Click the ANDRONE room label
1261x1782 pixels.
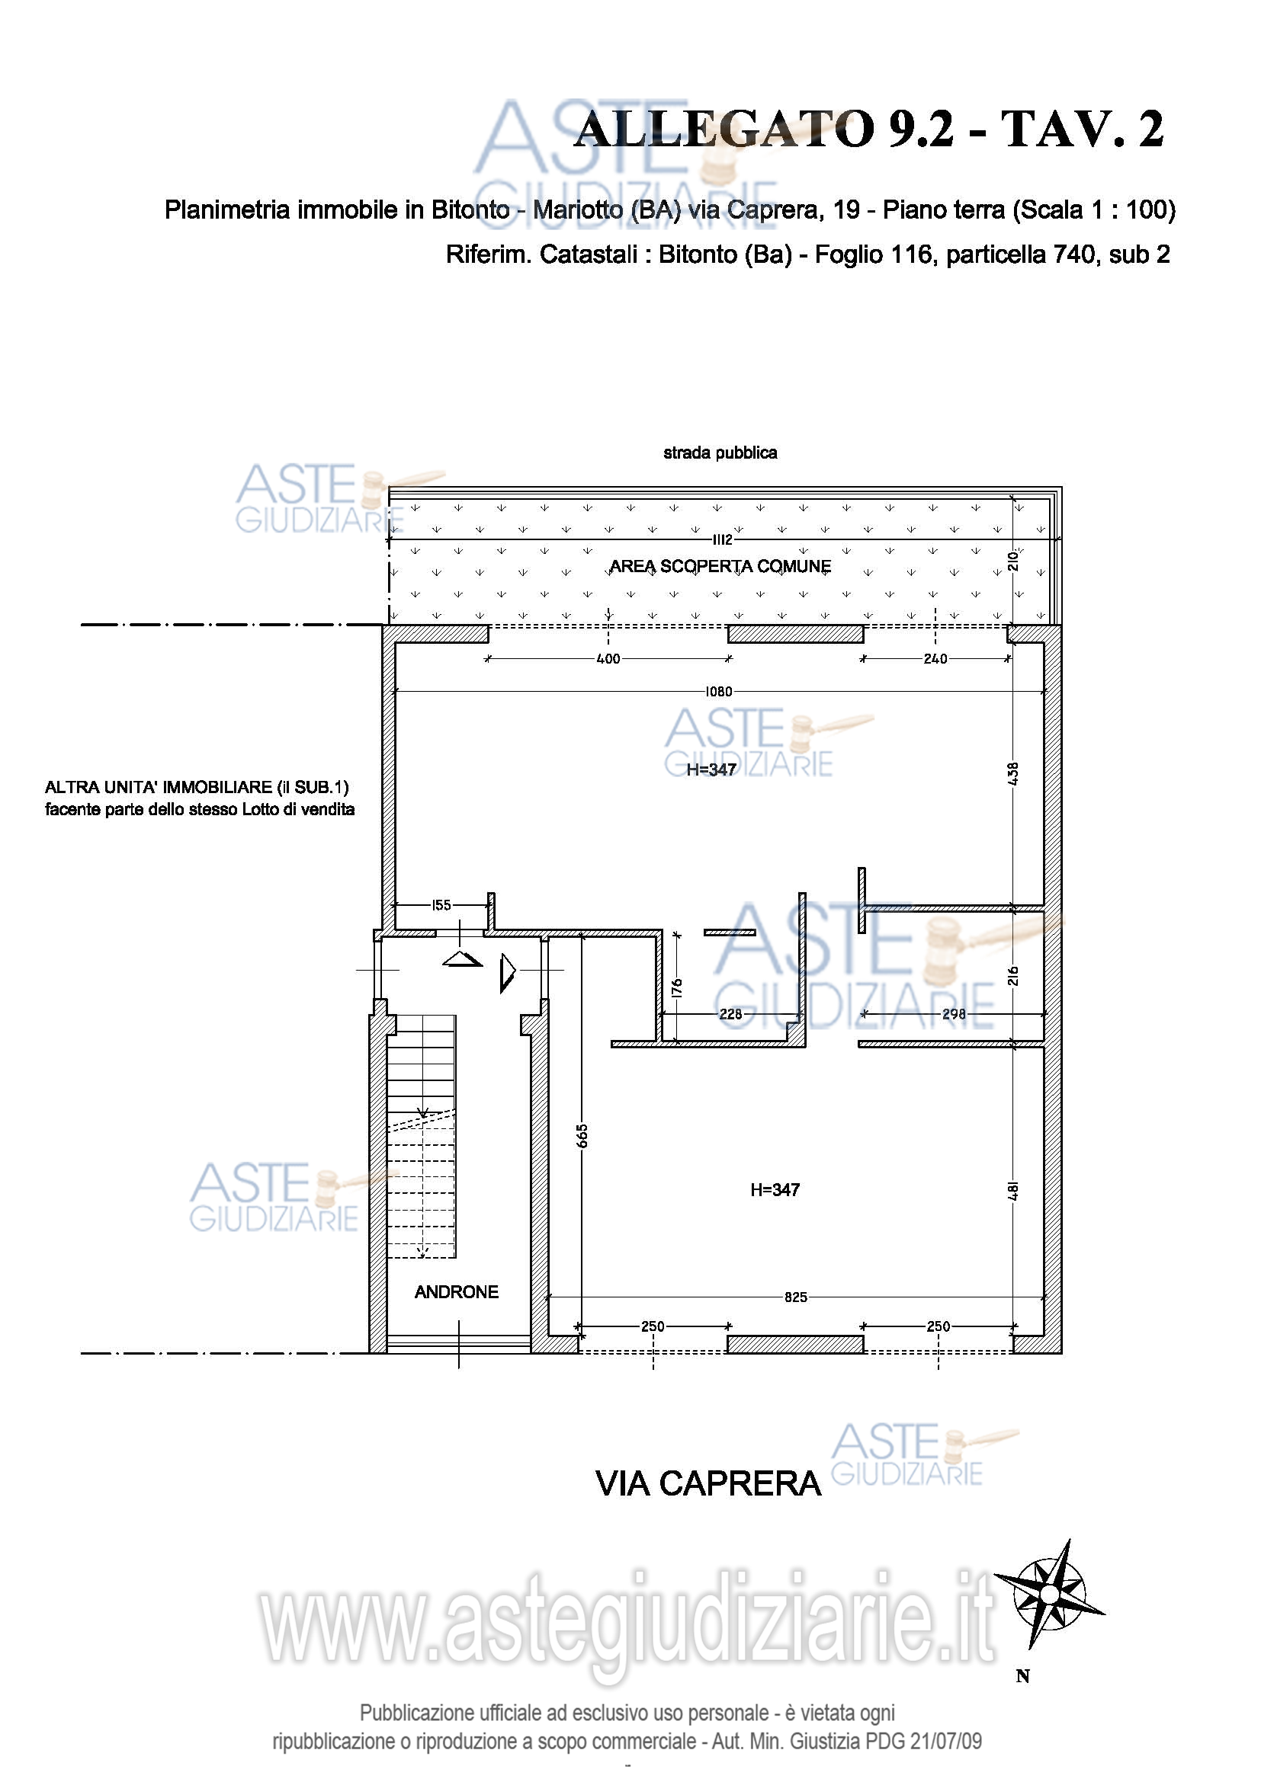pyautogui.click(x=457, y=1291)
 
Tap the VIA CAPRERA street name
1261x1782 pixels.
pyautogui.click(x=708, y=1483)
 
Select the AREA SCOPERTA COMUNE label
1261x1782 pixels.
pyautogui.click(x=720, y=567)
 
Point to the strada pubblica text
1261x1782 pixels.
pyautogui.click(x=720, y=453)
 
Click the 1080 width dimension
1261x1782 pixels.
pyautogui.click(x=718, y=692)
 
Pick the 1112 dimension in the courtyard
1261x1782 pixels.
pyautogui.click(x=722, y=539)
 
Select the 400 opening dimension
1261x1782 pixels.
pyautogui.click(x=608, y=659)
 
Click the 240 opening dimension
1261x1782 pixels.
pyautogui.click(x=935, y=659)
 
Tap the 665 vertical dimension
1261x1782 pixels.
pyautogui.click(x=582, y=1135)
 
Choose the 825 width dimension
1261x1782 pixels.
pyautogui.click(x=795, y=1297)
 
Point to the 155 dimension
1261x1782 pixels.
pyautogui.click(x=441, y=905)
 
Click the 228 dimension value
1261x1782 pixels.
pyautogui.click(x=730, y=1013)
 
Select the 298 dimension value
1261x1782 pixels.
pyautogui.click(x=954, y=1013)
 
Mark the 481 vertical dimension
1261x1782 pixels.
pyautogui.click(x=1013, y=1191)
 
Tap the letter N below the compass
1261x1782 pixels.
pyautogui.click(x=1022, y=1676)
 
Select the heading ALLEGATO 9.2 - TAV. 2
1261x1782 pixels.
pyautogui.click(x=869, y=129)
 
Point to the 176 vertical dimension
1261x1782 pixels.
pyautogui.click(x=677, y=988)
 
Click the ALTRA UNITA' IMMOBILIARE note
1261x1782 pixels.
pyautogui.click(x=200, y=798)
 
